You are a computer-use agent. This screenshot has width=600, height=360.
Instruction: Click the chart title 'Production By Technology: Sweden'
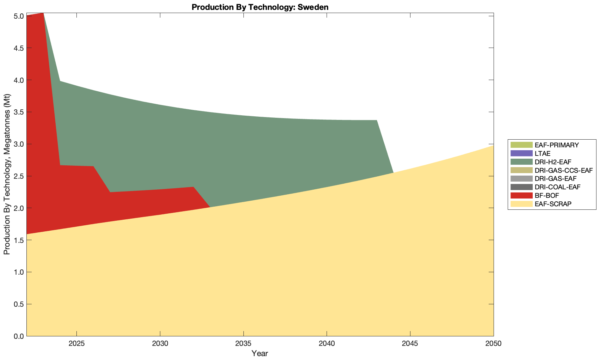(260, 7)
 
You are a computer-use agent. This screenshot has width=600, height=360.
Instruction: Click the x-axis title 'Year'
(260, 353)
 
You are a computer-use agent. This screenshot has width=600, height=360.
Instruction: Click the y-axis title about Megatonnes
(7, 174)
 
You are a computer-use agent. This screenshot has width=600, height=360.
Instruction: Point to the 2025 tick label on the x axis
(76, 344)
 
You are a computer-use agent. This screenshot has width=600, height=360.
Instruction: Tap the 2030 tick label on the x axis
(160, 344)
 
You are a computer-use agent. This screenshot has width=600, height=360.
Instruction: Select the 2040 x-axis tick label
(327, 344)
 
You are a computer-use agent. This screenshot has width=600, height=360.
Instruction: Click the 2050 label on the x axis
(493, 344)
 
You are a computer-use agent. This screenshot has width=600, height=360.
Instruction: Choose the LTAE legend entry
(542, 153)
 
